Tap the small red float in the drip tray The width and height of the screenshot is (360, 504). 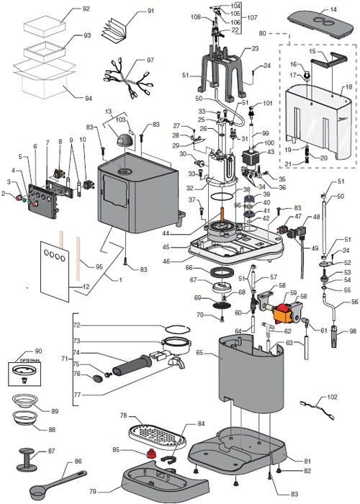151,454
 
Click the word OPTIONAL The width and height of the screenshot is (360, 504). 29,359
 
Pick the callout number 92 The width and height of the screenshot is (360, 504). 86,9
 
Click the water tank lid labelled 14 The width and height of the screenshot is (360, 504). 324,19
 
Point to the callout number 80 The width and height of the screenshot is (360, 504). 263,33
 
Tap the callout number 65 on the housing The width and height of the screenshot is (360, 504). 199,354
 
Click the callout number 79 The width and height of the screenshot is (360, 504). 112,492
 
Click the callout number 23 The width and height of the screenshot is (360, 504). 255,49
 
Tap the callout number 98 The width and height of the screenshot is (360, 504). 352,331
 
